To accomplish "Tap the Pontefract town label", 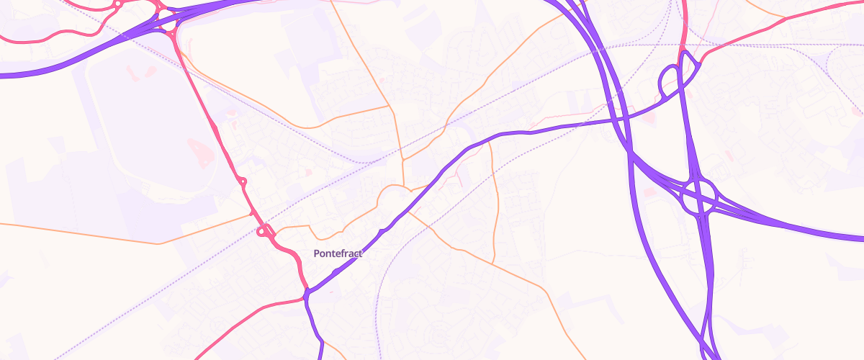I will pyautogui.click(x=338, y=253).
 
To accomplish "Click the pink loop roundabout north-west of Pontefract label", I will pyautogui.click(x=264, y=231).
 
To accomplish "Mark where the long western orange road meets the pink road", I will pyautogui.click(x=251, y=214).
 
